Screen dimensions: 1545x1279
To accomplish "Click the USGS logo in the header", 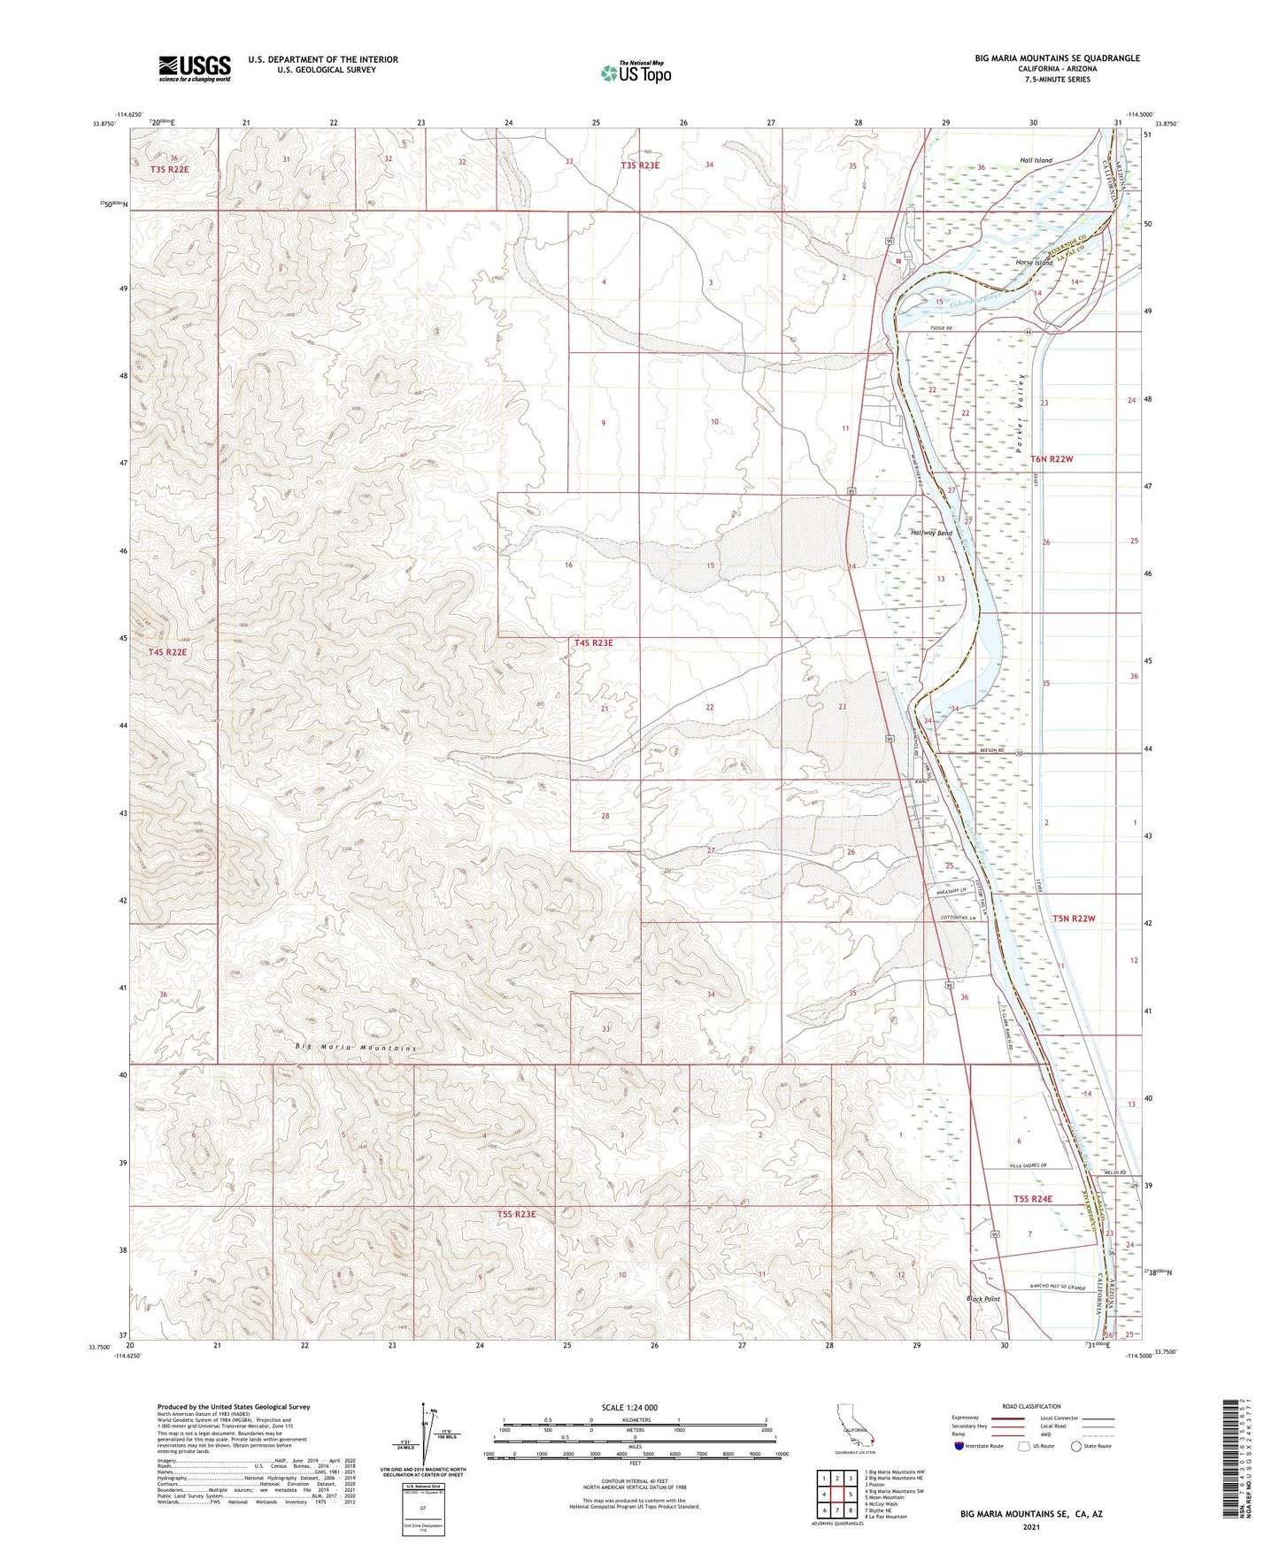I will pyautogui.click(x=195, y=68).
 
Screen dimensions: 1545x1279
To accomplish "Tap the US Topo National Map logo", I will pyautogui.click(x=636, y=73).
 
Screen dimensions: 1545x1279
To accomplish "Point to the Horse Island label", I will pyautogui.click(x=1034, y=263).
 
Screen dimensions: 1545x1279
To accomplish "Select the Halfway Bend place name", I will pyautogui.click(x=931, y=534).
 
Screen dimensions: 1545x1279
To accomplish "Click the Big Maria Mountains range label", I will pyautogui.click(x=355, y=1048).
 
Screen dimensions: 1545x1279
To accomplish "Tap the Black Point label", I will pyautogui.click(x=982, y=1299).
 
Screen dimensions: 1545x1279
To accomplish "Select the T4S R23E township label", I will pyautogui.click(x=593, y=642).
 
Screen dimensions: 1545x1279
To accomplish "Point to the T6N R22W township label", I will pyautogui.click(x=1052, y=459).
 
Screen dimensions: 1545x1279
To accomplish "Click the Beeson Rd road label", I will pyautogui.click(x=992, y=749).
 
